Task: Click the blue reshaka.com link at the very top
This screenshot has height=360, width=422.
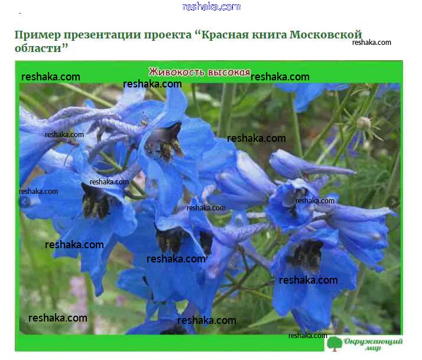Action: (x=211, y=7)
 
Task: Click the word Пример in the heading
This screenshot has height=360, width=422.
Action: (x=38, y=35)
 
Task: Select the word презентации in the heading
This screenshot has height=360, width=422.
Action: (x=102, y=35)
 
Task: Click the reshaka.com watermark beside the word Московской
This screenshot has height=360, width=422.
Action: (x=371, y=43)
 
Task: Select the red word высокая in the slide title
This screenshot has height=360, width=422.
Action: (x=229, y=72)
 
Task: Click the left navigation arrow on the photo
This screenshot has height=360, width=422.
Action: (x=25, y=202)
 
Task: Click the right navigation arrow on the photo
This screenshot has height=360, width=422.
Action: (x=393, y=202)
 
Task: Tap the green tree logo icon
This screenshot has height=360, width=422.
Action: (x=335, y=343)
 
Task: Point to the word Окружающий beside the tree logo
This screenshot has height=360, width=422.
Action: (x=374, y=342)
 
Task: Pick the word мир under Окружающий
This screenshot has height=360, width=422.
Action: (x=373, y=348)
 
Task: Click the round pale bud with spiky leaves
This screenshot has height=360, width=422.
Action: (x=363, y=123)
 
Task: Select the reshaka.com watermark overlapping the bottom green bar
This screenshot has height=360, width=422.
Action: (x=307, y=336)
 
